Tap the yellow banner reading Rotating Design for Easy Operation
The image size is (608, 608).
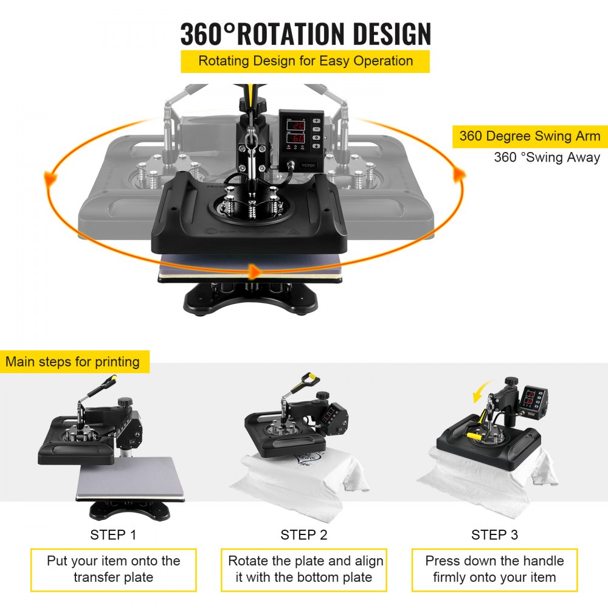coord(305,61)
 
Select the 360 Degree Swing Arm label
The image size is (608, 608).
coord(530,136)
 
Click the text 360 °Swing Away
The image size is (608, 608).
coord(547,157)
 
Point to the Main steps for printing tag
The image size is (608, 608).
coord(73,362)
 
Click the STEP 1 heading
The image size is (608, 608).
coord(113,535)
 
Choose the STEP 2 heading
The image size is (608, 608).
coord(304,535)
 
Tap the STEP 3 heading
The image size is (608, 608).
coord(494,535)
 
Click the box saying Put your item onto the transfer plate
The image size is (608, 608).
coord(114,570)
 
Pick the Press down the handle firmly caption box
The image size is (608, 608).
coord(494,570)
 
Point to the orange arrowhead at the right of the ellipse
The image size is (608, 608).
coord(460,175)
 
